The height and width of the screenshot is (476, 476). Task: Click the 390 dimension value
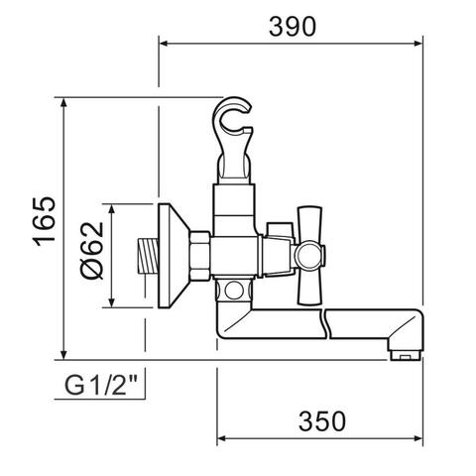(x=293, y=27)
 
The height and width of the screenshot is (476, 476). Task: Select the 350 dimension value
(x=322, y=421)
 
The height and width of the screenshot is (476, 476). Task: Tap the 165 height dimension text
(x=45, y=222)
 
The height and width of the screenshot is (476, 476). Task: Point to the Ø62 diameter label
(x=92, y=251)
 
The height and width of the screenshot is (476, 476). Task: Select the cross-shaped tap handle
(x=309, y=255)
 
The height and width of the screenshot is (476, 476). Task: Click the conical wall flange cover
(x=174, y=256)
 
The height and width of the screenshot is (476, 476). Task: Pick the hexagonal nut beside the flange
(x=200, y=256)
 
